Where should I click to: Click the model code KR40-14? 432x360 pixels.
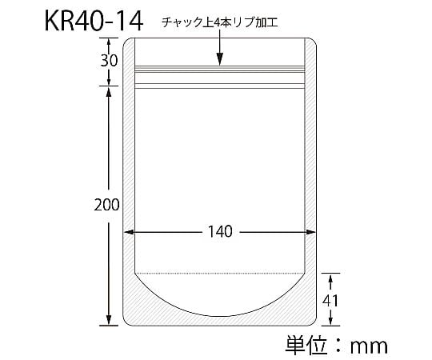(94, 22)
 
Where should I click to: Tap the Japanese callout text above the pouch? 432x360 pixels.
(219, 22)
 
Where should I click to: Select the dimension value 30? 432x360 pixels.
(109, 60)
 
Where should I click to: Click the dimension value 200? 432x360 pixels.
(106, 205)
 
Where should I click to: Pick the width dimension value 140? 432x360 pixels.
(220, 232)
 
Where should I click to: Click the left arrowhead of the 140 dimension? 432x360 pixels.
(129, 232)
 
